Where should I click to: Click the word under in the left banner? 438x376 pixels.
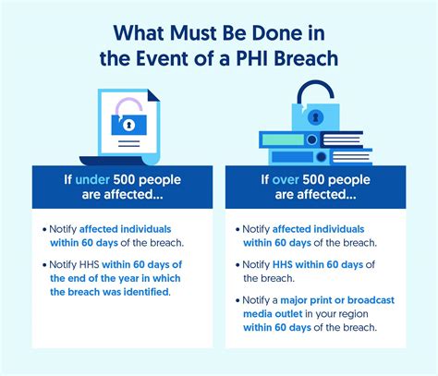[x=92, y=179]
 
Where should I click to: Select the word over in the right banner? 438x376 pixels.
[x=286, y=179]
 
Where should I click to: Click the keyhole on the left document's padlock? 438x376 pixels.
[x=128, y=125]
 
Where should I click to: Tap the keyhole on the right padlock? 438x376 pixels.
[x=315, y=117]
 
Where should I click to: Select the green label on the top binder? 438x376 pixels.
[x=283, y=140]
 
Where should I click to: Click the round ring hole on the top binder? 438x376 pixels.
[x=312, y=139]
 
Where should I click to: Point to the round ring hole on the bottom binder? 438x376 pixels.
[x=322, y=157]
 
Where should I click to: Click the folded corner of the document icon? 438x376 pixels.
[x=154, y=95]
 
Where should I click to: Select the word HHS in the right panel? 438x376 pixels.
[x=283, y=264]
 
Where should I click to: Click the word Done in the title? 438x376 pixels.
[x=276, y=33]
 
